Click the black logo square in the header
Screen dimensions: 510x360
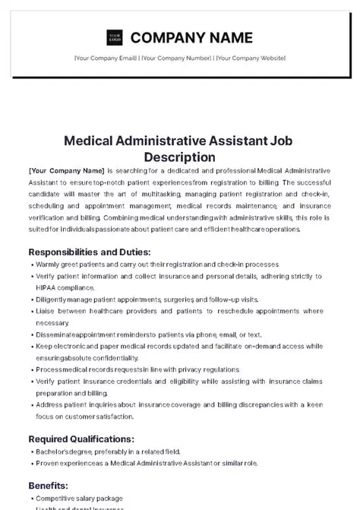[x=114, y=37]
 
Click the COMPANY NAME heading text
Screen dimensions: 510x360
[x=191, y=37]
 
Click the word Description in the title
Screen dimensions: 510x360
[x=180, y=157]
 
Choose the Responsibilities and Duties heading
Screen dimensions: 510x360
[x=90, y=252]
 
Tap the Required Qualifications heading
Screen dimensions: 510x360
[x=81, y=439]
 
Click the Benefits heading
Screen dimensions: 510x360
[x=49, y=484]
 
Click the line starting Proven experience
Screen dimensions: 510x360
[x=152, y=462]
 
